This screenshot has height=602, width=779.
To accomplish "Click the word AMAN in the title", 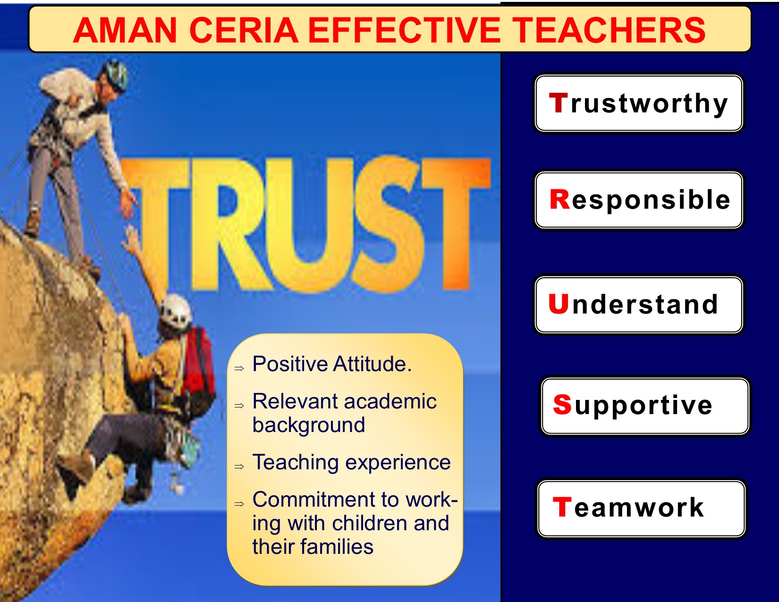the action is click(x=125, y=31).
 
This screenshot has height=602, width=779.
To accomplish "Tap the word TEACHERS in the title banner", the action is click(x=609, y=31).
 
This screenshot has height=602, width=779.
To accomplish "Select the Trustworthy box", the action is click(x=638, y=103).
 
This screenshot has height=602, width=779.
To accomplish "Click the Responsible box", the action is click(x=638, y=200).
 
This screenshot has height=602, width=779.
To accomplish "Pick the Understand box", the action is click(x=638, y=305).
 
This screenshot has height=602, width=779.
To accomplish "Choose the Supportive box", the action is click(x=645, y=406).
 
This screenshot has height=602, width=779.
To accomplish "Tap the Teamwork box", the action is click(x=641, y=509).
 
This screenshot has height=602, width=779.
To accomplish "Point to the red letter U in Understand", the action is click(x=558, y=304).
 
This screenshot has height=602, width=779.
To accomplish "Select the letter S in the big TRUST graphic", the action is click(x=389, y=224).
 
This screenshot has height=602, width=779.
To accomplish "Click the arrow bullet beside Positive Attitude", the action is click(x=239, y=368).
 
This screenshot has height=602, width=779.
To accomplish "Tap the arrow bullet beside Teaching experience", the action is click(x=239, y=466).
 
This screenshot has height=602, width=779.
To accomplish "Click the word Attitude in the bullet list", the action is click(x=373, y=364).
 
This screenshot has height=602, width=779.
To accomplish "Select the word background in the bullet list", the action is click(x=309, y=425).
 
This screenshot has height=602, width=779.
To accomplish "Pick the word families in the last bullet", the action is click(x=337, y=547).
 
